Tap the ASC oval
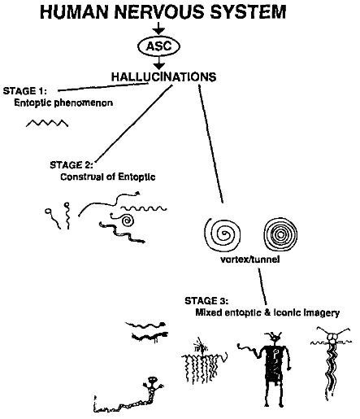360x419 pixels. [159, 46]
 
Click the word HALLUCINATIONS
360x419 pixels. [164, 77]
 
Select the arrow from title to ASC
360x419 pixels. [159, 28]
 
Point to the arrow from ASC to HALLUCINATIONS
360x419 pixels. [159, 63]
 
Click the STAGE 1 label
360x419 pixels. [25, 91]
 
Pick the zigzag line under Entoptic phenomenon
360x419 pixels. [47, 123]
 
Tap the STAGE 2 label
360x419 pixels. [72, 165]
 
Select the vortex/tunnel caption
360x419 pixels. [250, 260]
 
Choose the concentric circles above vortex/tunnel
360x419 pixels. [280, 234]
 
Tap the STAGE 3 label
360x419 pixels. [206, 301]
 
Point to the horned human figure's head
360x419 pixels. [275, 338]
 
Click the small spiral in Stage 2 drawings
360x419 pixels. [126, 220]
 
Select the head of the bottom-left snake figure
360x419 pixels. [153, 380]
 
